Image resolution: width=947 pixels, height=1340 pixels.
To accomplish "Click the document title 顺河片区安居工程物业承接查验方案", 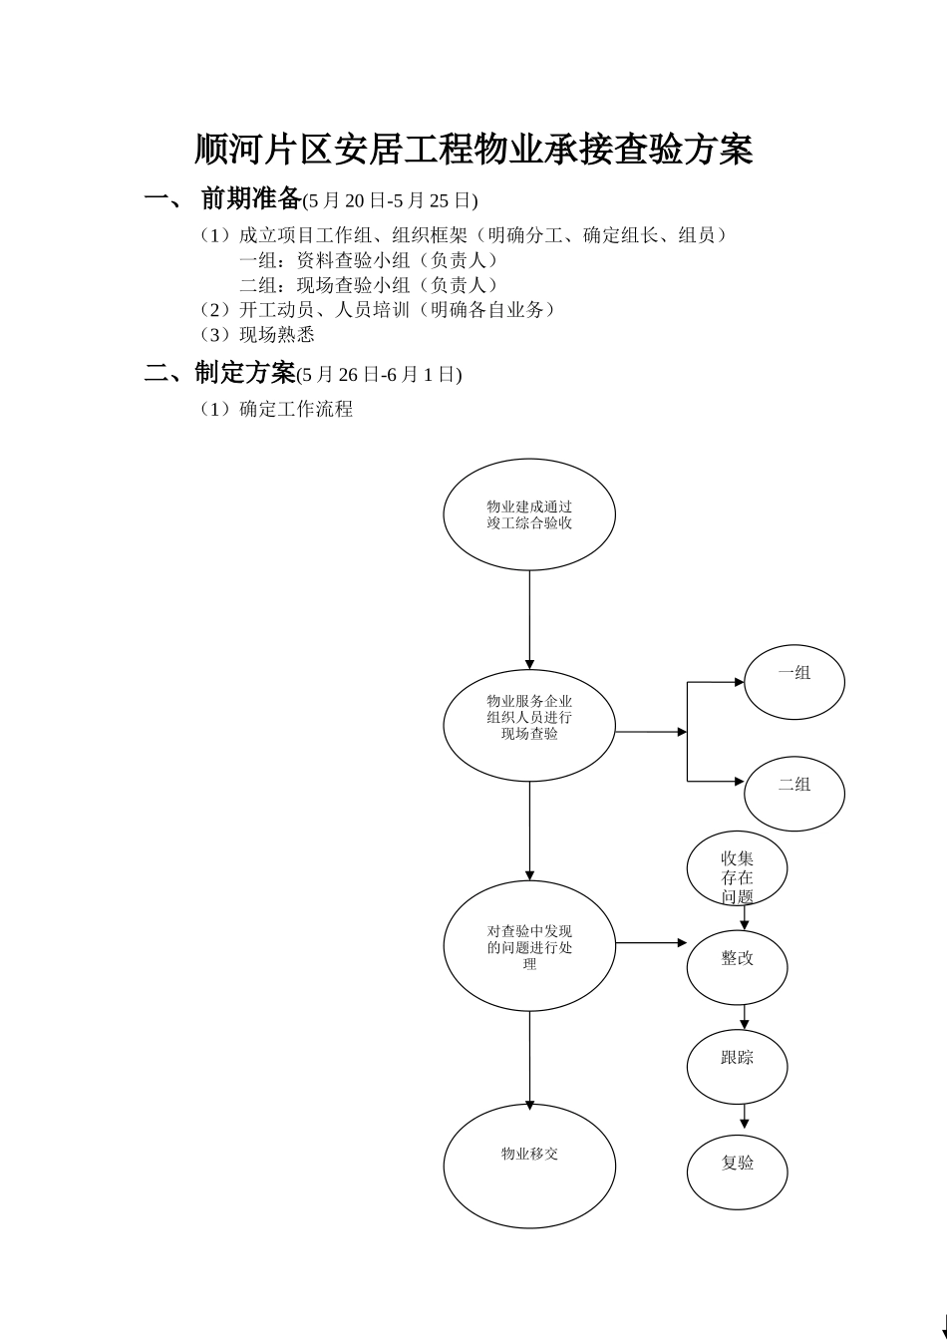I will click(x=473, y=150).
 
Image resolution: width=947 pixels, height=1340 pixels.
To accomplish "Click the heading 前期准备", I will click(x=251, y=199).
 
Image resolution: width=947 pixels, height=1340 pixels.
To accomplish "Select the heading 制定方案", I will click(x=245, y=374).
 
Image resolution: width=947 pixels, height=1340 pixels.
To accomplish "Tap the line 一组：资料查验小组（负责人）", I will click(x=369, y=260).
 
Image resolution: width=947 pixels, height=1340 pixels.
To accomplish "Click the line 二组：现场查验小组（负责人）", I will click(x=369, y=285).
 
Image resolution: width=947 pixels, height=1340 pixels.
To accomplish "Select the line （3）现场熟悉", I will click(x=257, y=335).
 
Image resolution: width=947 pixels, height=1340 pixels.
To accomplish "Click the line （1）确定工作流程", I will click(x=276, y=409).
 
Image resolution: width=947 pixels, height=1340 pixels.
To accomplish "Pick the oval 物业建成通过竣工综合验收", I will click(x=529, y=514).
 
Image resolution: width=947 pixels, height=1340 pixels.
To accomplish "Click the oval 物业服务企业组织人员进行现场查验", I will click(x=529, y=725).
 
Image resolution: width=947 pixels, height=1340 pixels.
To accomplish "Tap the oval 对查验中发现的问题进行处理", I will click(x=529, y=946).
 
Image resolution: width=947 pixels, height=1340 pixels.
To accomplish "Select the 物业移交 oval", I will click(x=529, y=1166).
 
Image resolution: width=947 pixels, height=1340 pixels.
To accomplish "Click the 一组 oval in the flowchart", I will click(x=794, y=682).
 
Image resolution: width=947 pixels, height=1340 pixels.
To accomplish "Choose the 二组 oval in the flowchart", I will click(x=794, y=794).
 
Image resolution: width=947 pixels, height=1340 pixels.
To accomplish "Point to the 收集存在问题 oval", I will click(x=737, y=868).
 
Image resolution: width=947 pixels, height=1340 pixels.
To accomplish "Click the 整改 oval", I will click(x=737, y=967).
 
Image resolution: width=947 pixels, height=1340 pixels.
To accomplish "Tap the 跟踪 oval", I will click(x=737, y=1067).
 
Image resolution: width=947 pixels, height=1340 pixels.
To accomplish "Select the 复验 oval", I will click(x=737, y=1172).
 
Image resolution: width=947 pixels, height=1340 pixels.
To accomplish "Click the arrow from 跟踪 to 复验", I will click(x=744, y=1117).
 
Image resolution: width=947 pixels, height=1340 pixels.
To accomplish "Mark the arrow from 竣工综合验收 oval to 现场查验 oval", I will click(x=529, y=619).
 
